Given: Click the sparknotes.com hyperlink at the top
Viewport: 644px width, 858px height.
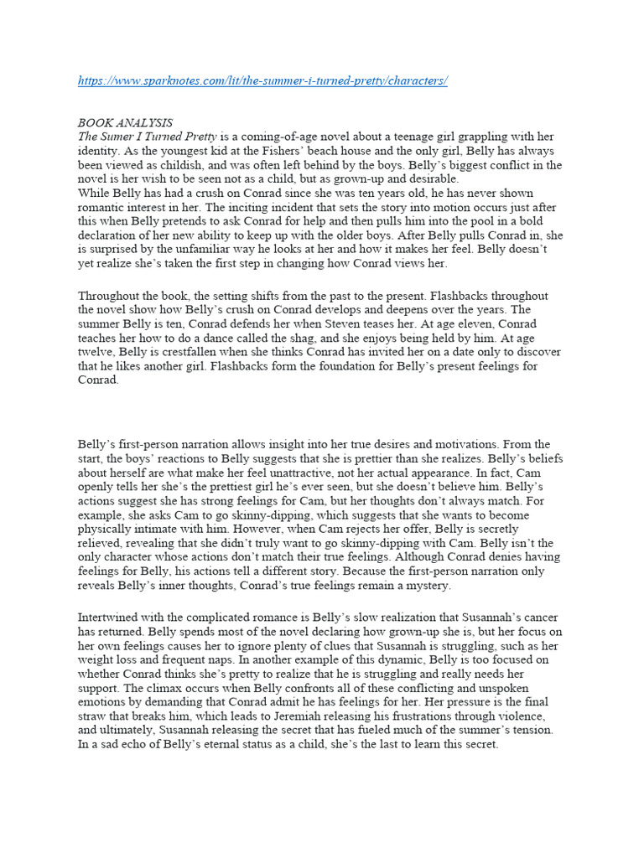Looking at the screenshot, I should [262, 81].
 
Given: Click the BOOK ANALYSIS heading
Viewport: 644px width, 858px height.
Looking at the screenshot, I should [125, 122].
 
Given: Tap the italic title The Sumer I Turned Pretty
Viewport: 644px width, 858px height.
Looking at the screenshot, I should [148, 137].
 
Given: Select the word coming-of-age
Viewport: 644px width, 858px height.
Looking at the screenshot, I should [285, 137].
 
